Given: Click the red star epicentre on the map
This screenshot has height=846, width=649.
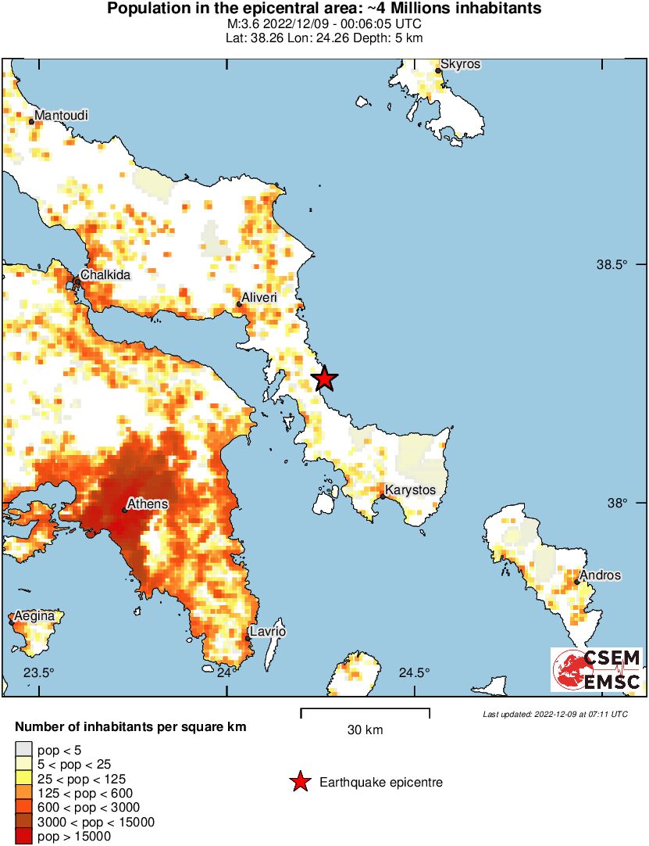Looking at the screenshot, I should (x=324, y=379).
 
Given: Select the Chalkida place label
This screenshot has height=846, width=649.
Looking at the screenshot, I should (x=105, y=275).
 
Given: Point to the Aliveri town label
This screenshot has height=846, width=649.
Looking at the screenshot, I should (x=260, y=298).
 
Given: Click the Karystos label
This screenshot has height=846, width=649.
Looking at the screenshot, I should (x=411, y=490).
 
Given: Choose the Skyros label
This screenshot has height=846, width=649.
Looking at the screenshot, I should (x=460, y=63).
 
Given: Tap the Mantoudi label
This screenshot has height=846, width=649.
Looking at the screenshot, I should (x=61, y=115).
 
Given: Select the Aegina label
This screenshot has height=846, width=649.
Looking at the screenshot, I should (x=34, y=616).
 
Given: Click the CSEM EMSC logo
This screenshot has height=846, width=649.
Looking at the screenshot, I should (x=597, y=670).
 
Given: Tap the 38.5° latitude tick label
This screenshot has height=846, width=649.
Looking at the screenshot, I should (x=612, y=265).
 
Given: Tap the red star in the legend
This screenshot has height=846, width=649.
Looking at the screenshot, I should (x=299, y=783).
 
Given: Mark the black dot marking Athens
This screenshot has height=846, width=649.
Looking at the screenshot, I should (x=125, y=511).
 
